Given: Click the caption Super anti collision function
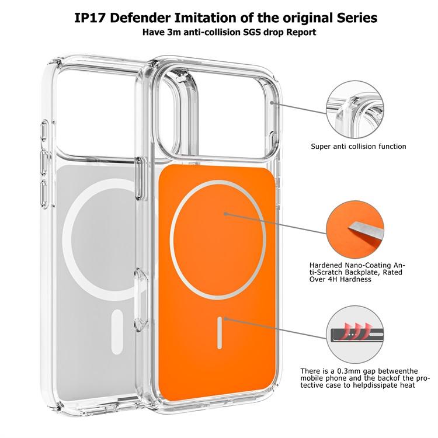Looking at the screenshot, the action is point(359,147).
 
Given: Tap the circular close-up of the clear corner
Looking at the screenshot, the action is point(354,109).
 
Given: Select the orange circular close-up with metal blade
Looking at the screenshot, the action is point(354,230).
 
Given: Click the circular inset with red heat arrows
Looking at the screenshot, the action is point(354,335).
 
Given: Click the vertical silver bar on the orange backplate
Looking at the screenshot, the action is point(220,333).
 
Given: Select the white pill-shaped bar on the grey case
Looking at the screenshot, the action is point(117,332).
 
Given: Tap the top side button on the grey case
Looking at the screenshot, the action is point(45,131).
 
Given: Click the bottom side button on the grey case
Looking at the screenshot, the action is point(45,194).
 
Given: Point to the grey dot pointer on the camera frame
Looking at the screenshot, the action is point(272,103).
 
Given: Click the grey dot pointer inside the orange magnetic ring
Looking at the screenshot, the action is point(225,214).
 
